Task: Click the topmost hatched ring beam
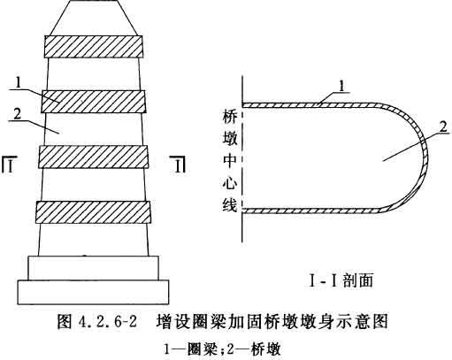click(x=94, y=47)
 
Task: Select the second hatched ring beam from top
click(x=94, y=102)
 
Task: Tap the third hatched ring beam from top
click(x=93, y=157)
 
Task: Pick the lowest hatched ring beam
click(x=93, y=212)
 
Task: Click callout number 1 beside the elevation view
click(x=19, y=82)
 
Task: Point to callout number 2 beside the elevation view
click(x=18, y=114)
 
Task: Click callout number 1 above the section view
click(x=341, y=87)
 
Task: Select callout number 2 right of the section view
click(x=443, y=127)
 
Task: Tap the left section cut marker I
click(x=8, y=165)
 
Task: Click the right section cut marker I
click(x=179, y=165)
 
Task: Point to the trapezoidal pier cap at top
click(x=93, y=18)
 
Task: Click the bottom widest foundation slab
click(x=93, y=292)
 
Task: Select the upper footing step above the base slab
click(x=93, y=268)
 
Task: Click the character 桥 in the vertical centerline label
click(x=230, y=117)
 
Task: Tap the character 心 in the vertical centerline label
click(x=230, y=183)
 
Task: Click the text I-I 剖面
click(x=341, y=280)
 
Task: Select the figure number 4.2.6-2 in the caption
click(x=108, y=321)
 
